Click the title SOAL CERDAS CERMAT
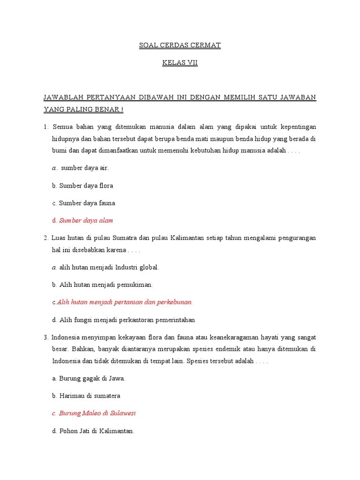point(180,45)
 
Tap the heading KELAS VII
point(180,63)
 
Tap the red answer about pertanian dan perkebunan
point(125,302)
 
